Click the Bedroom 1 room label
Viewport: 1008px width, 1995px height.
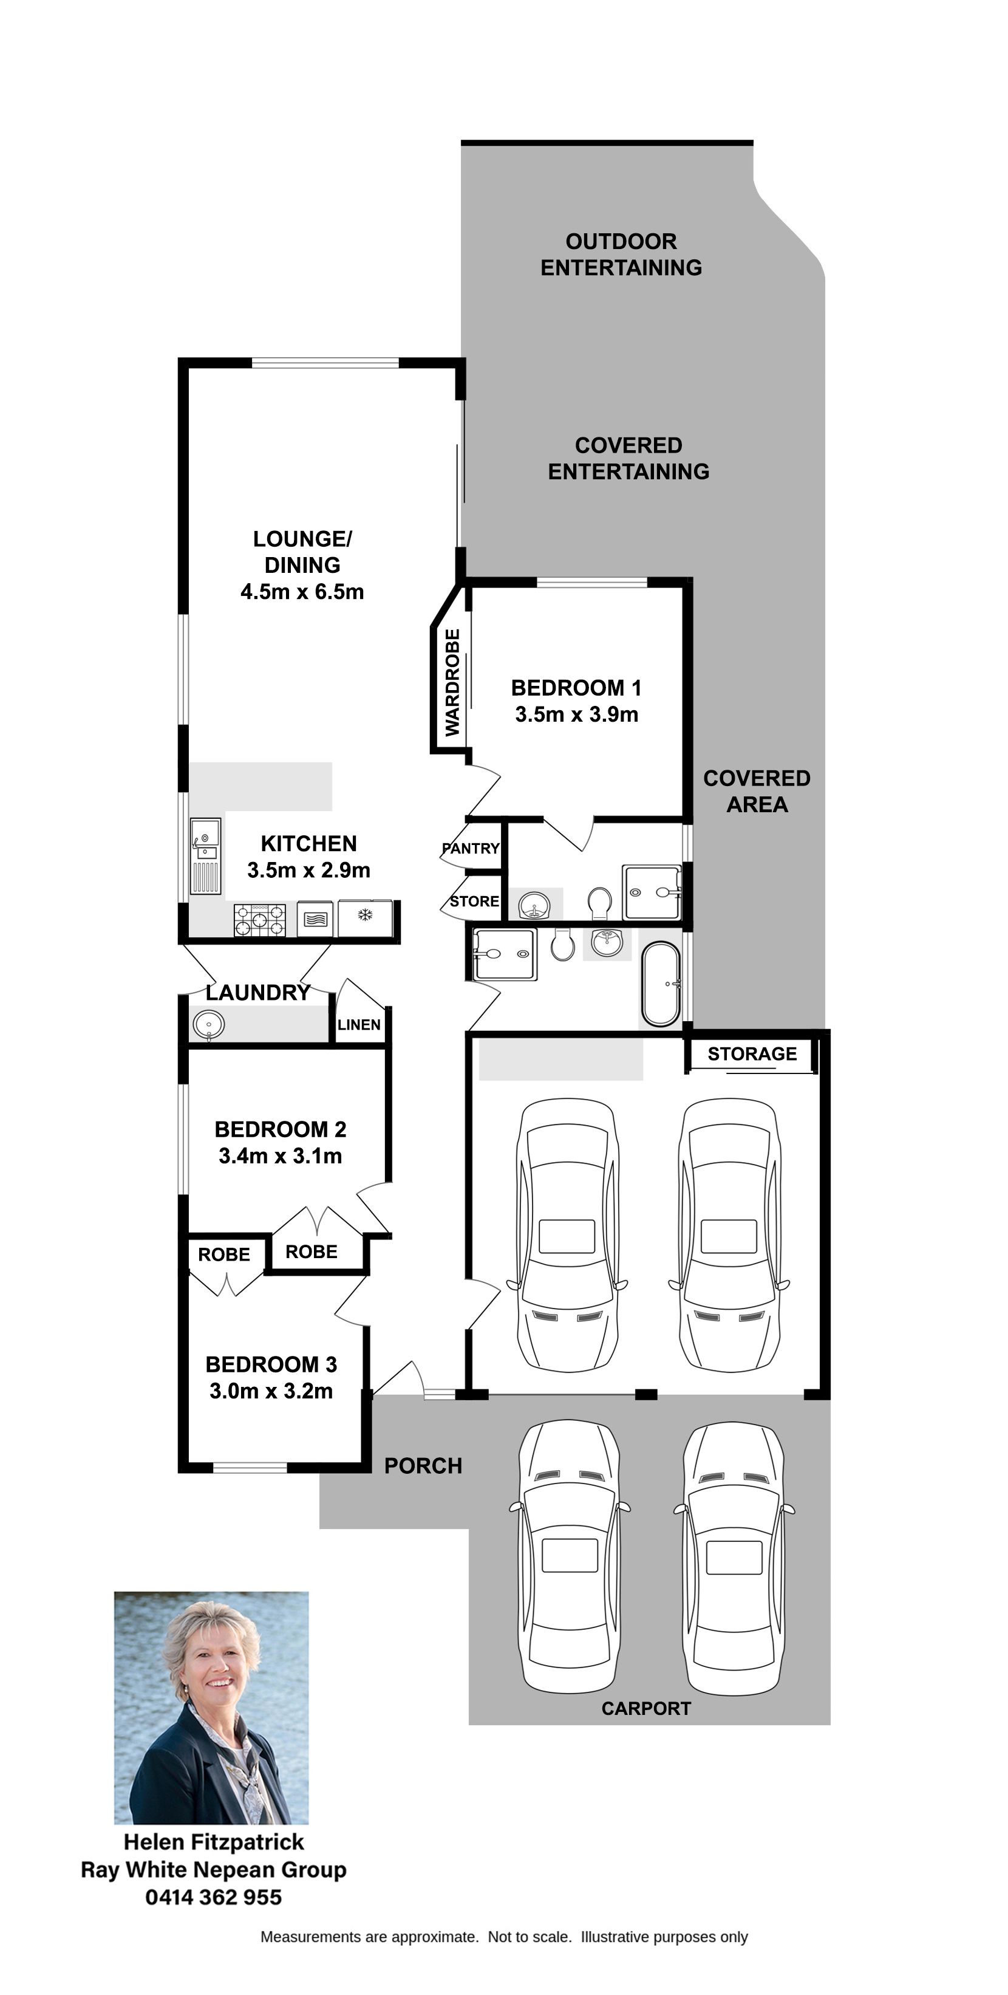click(576, 688)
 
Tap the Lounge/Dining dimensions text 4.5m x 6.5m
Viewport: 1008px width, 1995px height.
click(302, 592)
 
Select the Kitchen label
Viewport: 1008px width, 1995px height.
click(308, 843)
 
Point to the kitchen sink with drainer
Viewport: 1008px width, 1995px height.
click(205, 856)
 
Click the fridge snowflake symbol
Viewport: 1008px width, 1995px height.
click(365, 915)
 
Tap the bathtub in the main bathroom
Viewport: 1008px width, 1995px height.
click(661, 984)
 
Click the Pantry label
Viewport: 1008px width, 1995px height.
click(471, 848)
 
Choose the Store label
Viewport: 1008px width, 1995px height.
click(474, 902)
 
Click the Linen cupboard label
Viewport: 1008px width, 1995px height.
click(358, 1025)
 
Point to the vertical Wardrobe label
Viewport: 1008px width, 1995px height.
click(452, 682)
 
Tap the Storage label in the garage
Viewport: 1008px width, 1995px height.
click(752, 1054)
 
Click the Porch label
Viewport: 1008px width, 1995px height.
click(423, 1466)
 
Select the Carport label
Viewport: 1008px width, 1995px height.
click(645, 1708)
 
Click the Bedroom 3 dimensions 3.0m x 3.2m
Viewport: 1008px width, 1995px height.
click(271, 1391)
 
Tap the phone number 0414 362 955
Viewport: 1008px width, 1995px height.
click(214, 1897)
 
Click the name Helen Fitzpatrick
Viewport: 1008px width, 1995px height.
click(214, 1842)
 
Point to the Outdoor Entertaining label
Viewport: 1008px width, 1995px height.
click(621, 254)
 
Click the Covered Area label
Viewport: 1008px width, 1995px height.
click(757, 792)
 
